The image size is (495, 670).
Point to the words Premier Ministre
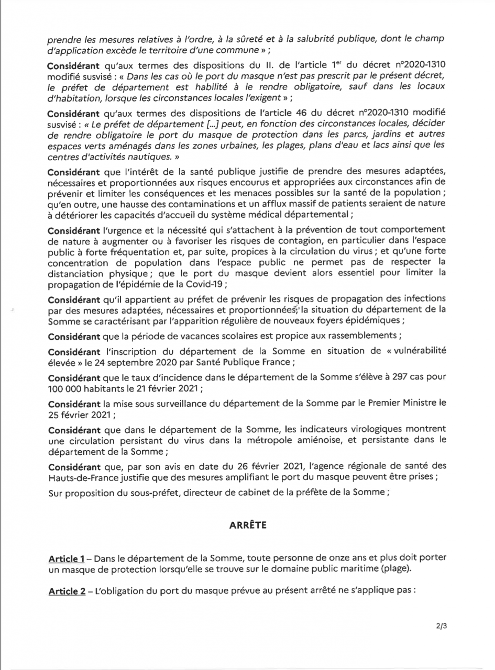pyautogui.click(x=401, y=404)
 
